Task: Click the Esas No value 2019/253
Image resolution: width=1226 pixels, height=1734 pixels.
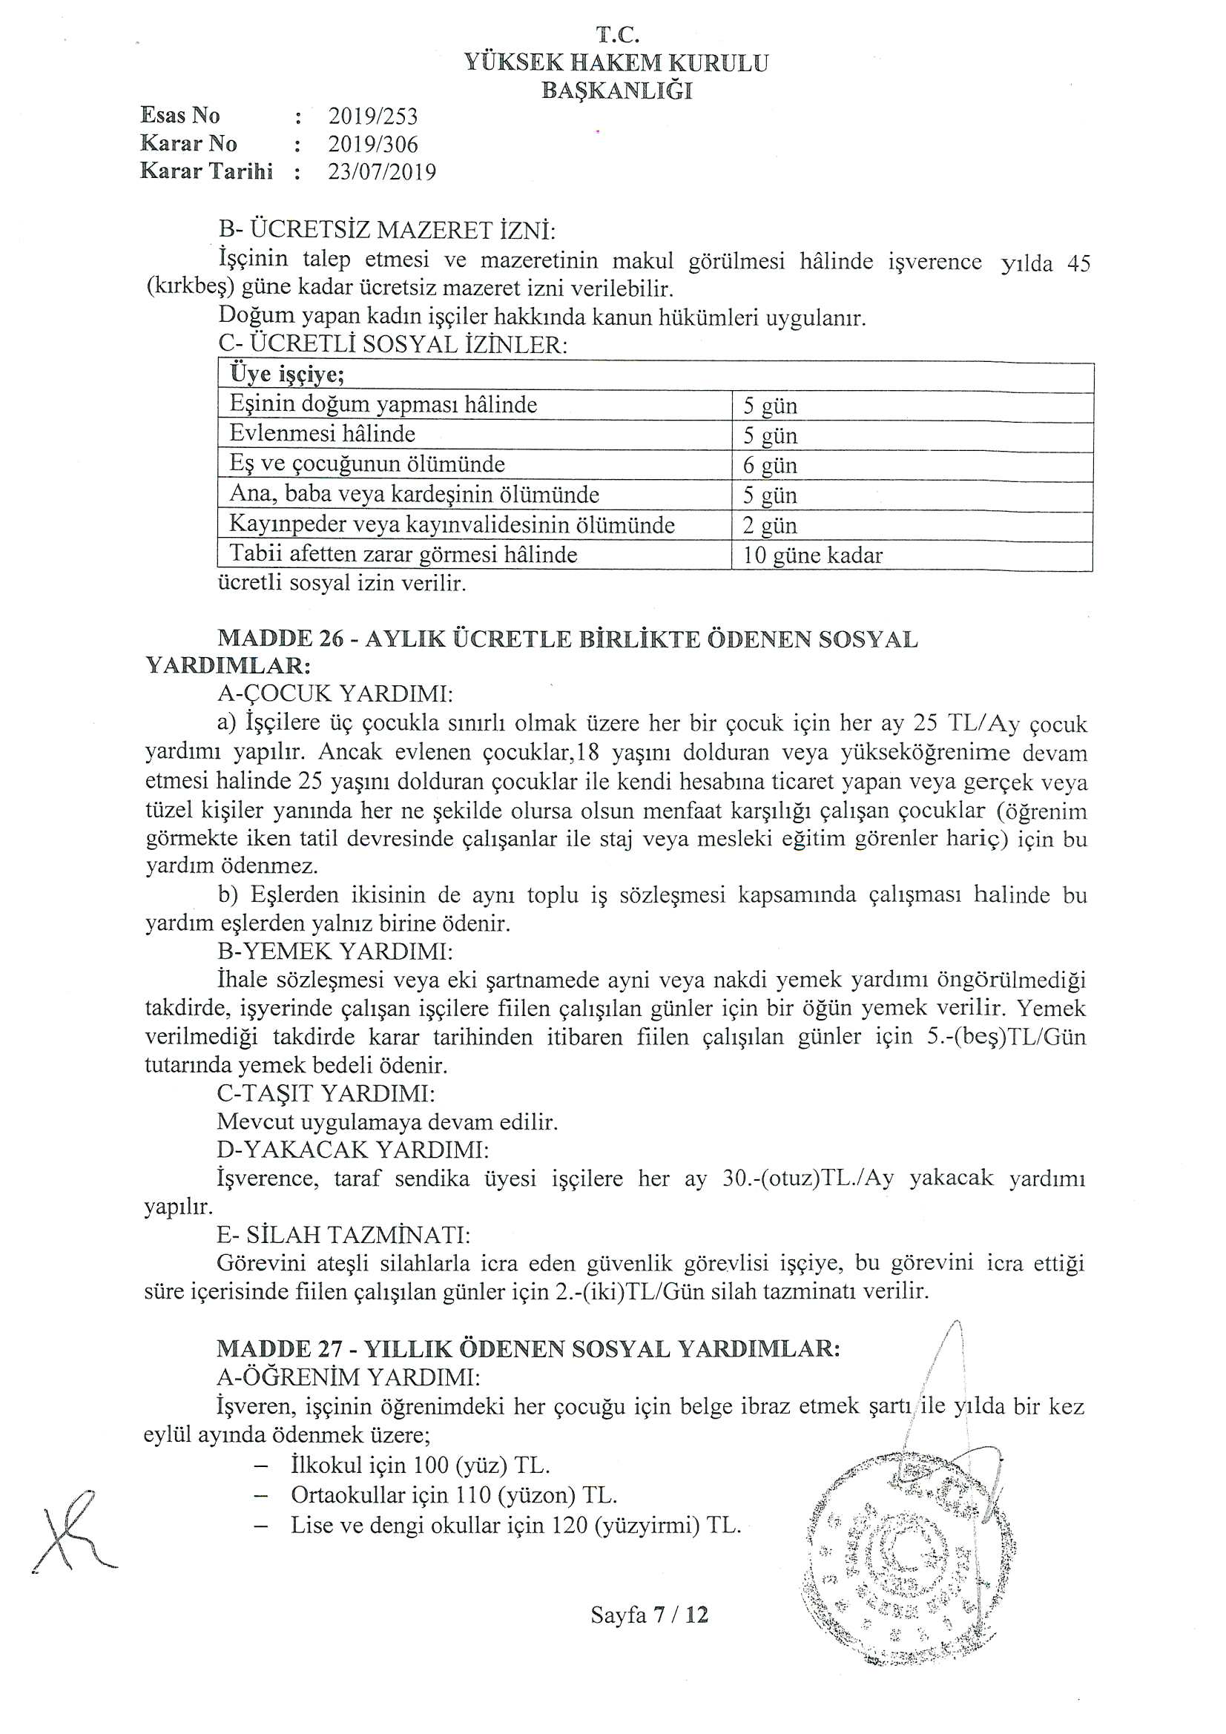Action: (x=372, y=116)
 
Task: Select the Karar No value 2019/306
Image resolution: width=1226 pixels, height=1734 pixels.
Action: (x=372, y=144)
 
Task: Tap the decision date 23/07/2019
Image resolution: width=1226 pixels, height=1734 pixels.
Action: (x=381, y=172)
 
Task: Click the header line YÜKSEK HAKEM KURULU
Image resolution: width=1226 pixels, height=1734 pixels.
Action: (x=616, y=63)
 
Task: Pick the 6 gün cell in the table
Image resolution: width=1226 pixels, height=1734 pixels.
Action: (x=770, y=465)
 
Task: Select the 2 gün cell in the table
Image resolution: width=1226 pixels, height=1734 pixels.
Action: (x=770, y=526)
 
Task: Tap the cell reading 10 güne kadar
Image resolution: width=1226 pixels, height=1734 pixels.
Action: (x=812, y=556)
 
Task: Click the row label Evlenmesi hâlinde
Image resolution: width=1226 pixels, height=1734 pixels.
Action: (x=323, y=435)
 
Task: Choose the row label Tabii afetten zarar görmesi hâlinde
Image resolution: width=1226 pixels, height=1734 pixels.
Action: (x=403, y=555)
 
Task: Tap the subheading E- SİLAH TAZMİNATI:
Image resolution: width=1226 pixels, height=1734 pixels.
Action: (x=343, y=1235)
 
